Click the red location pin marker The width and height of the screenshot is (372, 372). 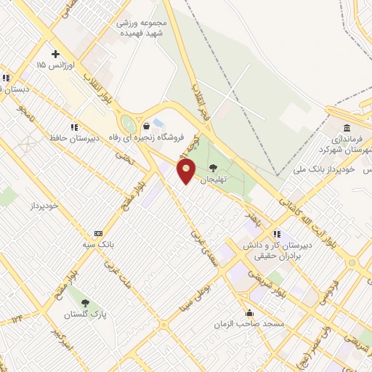pos(187,172)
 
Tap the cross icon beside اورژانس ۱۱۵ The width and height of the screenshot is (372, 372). pos(55,54)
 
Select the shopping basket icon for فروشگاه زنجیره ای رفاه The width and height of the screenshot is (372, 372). pos(146,125)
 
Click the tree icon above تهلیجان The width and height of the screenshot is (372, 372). pos(213,167)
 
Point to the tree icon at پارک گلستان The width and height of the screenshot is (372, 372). pos(86,303)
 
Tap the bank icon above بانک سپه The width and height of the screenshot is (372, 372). pos(98,233)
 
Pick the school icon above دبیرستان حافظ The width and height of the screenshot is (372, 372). pos(73,126)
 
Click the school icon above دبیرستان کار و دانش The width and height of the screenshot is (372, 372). pos(276,234)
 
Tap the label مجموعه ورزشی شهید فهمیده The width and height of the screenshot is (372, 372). pos(141,28)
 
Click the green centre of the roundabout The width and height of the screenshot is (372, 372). pos(129,124)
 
